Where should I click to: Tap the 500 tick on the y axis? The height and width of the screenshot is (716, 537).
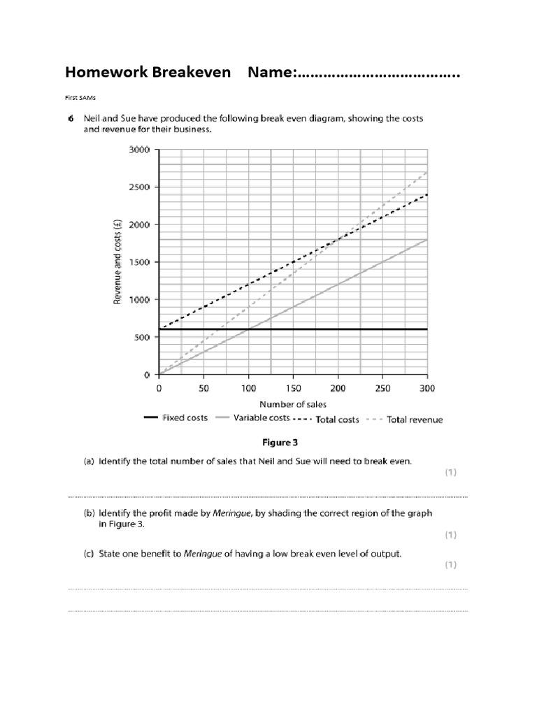pyautogui.click(x=142, y=337)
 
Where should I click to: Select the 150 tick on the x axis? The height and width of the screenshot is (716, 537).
pyautogui.click(x=293, y=388)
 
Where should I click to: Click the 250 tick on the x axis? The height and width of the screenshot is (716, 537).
pyautogui.click(x=382, y=388)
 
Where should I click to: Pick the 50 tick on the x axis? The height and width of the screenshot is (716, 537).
pyautogui.click(x=203, y=388)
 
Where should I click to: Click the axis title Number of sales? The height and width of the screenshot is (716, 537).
pyautogui.click(x=293, y=404)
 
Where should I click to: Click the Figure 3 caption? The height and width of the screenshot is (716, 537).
pyautogui.click(x=280, y=443)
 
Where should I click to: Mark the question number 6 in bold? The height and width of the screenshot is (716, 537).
pyautogui.click(x=71, y=119)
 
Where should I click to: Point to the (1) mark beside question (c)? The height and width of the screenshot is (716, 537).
pyautogui.click(x=450, y=565)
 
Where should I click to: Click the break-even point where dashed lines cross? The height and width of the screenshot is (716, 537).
pyautogui.click(x=338, y=240)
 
